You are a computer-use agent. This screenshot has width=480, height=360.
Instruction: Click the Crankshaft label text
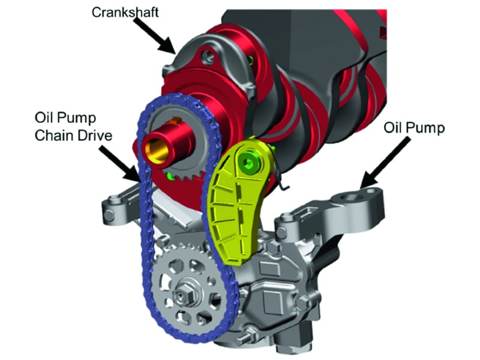[125, 13]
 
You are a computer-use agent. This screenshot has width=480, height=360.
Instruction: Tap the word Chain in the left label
[53, 136]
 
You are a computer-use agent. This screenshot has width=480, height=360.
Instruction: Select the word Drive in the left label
[94, 136]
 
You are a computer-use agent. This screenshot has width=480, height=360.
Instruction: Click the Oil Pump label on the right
[414, 128]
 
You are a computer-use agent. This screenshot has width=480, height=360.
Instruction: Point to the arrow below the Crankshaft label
[154, 35]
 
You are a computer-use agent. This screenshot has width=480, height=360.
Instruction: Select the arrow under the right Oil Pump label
[386, 163]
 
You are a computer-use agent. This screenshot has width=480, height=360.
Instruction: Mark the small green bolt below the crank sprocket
[169, 176]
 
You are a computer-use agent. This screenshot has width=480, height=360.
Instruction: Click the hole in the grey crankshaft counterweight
[209, 56]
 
